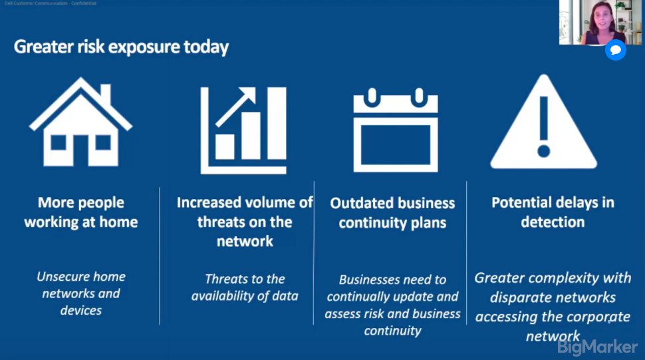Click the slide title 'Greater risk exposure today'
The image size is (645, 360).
pos(122,47)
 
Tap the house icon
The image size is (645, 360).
pos(80,122)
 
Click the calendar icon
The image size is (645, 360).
pos(395,129)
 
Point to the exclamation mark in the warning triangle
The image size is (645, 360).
pos(545,126)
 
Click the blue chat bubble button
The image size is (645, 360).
pos(616,50)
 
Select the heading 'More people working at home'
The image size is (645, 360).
pos(80,212)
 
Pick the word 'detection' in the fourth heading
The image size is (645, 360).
pos(552,222)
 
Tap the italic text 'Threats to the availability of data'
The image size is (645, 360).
pos(244,287)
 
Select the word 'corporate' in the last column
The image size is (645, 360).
pos(593,316)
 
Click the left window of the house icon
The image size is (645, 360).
pos(59,142)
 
